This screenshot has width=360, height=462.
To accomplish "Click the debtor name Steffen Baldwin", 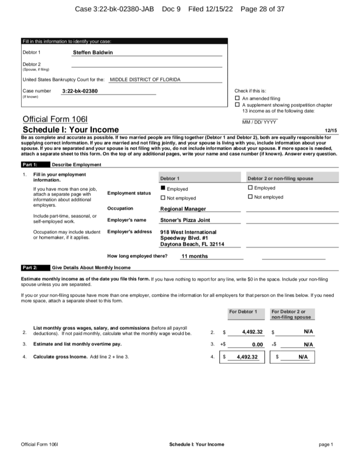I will [x=93, y=52].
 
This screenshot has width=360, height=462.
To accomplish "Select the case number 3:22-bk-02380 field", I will [x=79, y=91].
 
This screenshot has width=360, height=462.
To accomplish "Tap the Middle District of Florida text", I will [x=145, y=79].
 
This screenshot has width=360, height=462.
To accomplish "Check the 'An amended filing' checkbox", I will [x=238, y=98].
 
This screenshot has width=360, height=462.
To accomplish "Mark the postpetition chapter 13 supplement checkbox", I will [x=238, y=105].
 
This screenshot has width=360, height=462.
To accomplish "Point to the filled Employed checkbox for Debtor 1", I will [x=163, y=188].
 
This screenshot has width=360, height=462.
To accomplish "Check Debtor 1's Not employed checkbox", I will [x=163, y=198].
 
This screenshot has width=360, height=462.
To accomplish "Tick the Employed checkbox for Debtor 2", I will [x=250, y=188].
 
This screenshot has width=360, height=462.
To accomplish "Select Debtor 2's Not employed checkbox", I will [x=250, y=197].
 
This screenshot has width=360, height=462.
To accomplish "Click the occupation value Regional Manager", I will [x=183, y=209].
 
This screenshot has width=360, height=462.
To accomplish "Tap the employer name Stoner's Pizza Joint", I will [x=185, y=220].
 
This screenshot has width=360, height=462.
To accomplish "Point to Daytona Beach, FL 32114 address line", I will [x=192, y=244].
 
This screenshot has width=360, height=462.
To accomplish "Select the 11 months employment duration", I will [x=194, y=256].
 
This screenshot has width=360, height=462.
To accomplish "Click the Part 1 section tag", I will [x=30, y=164].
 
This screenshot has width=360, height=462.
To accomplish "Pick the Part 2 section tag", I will [x=30, y=267].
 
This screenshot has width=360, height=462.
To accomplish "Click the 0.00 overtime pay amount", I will [x=257, y=344].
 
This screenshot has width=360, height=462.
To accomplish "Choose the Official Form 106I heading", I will [x=55, y=119].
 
